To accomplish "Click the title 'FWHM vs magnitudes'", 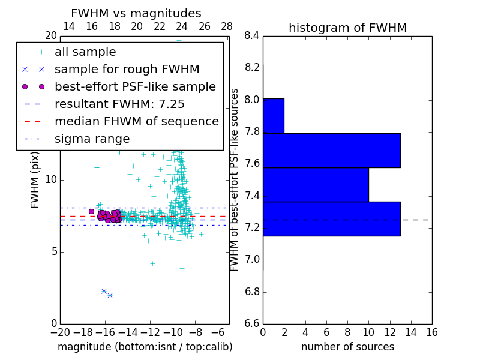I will click(136, 13).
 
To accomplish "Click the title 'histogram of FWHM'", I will click(347, 28).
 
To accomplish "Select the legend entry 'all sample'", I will click(85, 52).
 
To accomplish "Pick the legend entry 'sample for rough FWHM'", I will click(127, 70).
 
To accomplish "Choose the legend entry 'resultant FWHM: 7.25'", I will click(119, 104).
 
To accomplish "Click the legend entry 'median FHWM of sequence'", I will click(136, 122).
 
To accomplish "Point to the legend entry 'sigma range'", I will click(92, 139).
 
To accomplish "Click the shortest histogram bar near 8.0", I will click(273, 116).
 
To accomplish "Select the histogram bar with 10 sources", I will click(316, 185).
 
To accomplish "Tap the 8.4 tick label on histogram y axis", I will click(252, 35).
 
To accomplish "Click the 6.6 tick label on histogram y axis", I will click(252, 324).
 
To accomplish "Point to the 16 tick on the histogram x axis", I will click(431, 332).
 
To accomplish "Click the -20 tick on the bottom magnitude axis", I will click(60, 332).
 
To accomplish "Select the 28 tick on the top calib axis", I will click(227, 26).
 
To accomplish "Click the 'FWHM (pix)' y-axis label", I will click(35, 180).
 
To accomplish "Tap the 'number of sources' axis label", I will click(347, 347).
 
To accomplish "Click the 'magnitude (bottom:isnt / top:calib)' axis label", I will click(145, 347).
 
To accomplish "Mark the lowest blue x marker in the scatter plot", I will click(110, 295).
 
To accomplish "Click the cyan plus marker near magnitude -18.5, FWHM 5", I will click(76, 251).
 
